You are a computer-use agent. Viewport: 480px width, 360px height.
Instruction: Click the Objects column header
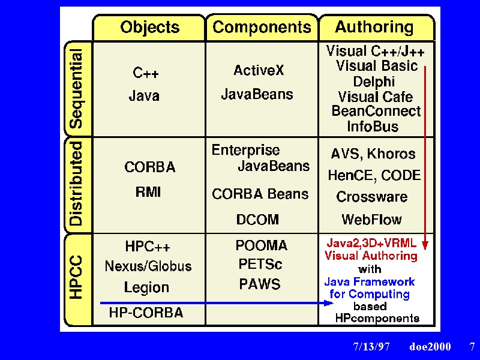click(x=149, y=27)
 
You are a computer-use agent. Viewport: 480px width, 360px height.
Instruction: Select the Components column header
click(x=262, y=27)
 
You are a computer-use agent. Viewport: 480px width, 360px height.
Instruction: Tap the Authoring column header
click(x=374, y=26)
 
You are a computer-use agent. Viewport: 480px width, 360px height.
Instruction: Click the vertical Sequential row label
click(x=76, y=88)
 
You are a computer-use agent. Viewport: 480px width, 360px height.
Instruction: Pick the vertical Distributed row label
click(x=76, y=184)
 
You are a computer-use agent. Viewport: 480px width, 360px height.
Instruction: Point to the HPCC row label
click(x=76, y=277)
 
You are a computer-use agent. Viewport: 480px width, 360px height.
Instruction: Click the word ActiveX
click(x=259, y=70)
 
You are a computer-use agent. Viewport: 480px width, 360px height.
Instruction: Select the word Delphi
click(x=374, y=82)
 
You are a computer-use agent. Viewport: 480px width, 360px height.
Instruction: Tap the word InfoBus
click(x=373, y=126)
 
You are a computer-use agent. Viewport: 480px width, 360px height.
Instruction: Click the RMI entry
click(x=148, y=192)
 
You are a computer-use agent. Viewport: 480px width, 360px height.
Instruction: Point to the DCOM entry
click(x=257, y=220)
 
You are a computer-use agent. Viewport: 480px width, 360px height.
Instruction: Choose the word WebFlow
click(x=371, y=220)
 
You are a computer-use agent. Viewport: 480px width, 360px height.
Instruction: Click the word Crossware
click(x=371, y=197)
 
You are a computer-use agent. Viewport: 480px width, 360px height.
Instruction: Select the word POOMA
click(x=262, y=245)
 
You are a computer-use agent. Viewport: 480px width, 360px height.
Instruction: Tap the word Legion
click(x=146, y=287)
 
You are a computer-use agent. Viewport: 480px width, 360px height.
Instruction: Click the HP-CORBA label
click(x=146, y=313)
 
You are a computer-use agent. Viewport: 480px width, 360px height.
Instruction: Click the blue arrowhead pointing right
click(x=328, y=303)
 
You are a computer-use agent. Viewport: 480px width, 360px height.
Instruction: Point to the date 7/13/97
click(x=371, y=346)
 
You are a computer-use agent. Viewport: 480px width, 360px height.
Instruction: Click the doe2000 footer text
click(x=430, y=346)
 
